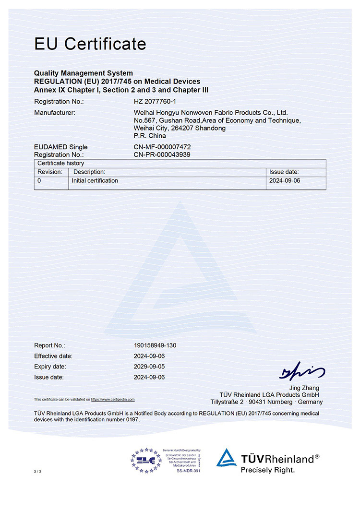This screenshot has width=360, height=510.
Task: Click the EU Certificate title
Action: pyautogui.click(x=90, y=44)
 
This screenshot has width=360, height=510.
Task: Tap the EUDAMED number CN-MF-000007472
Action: pyautogui.click(x=166, y=147)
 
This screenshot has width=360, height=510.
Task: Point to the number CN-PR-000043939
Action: pyautogui.click(x=166, y=154)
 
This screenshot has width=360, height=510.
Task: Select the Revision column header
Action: pyautogui.click(x=50, y=172)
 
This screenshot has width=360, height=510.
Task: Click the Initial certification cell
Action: pyautogui.click(x=95, y=181)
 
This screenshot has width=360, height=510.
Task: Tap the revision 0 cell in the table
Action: pyautogui.click(x=39, y=181)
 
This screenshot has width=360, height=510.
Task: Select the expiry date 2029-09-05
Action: pyautogui.click(x=149, y=367)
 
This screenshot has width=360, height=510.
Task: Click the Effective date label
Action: pyautogui.click(x=53, y=356)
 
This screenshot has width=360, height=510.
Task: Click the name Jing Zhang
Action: pyautogui.click(x=304, y=388)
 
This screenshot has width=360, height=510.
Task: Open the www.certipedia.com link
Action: pyautogui.click(x=113, y=399)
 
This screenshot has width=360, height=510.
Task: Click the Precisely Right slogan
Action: pyautogui.click(x=268, y=470)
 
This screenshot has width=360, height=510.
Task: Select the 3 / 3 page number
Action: pyautogui.click(x=38, y=472)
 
